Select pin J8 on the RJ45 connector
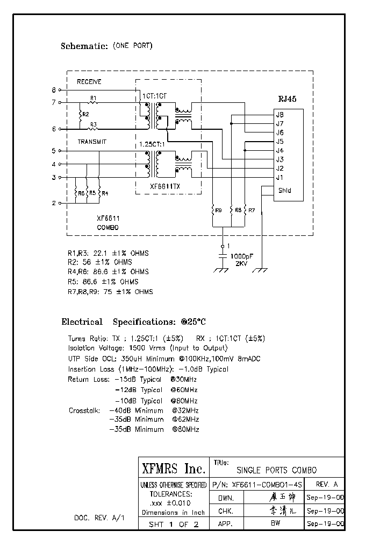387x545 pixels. (279, 115)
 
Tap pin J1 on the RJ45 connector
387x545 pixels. (279, 178)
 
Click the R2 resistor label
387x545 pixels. (86, 115)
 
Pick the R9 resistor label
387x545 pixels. (218, 209)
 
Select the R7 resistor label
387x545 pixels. (252, 209)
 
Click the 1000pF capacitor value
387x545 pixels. (241, 256)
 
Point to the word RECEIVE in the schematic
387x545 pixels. (89, 82)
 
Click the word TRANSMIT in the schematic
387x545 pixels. (92, 142)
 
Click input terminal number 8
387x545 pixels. (54, 90)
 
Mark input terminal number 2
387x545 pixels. (54, 203)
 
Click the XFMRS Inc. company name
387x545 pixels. (173, 468)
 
